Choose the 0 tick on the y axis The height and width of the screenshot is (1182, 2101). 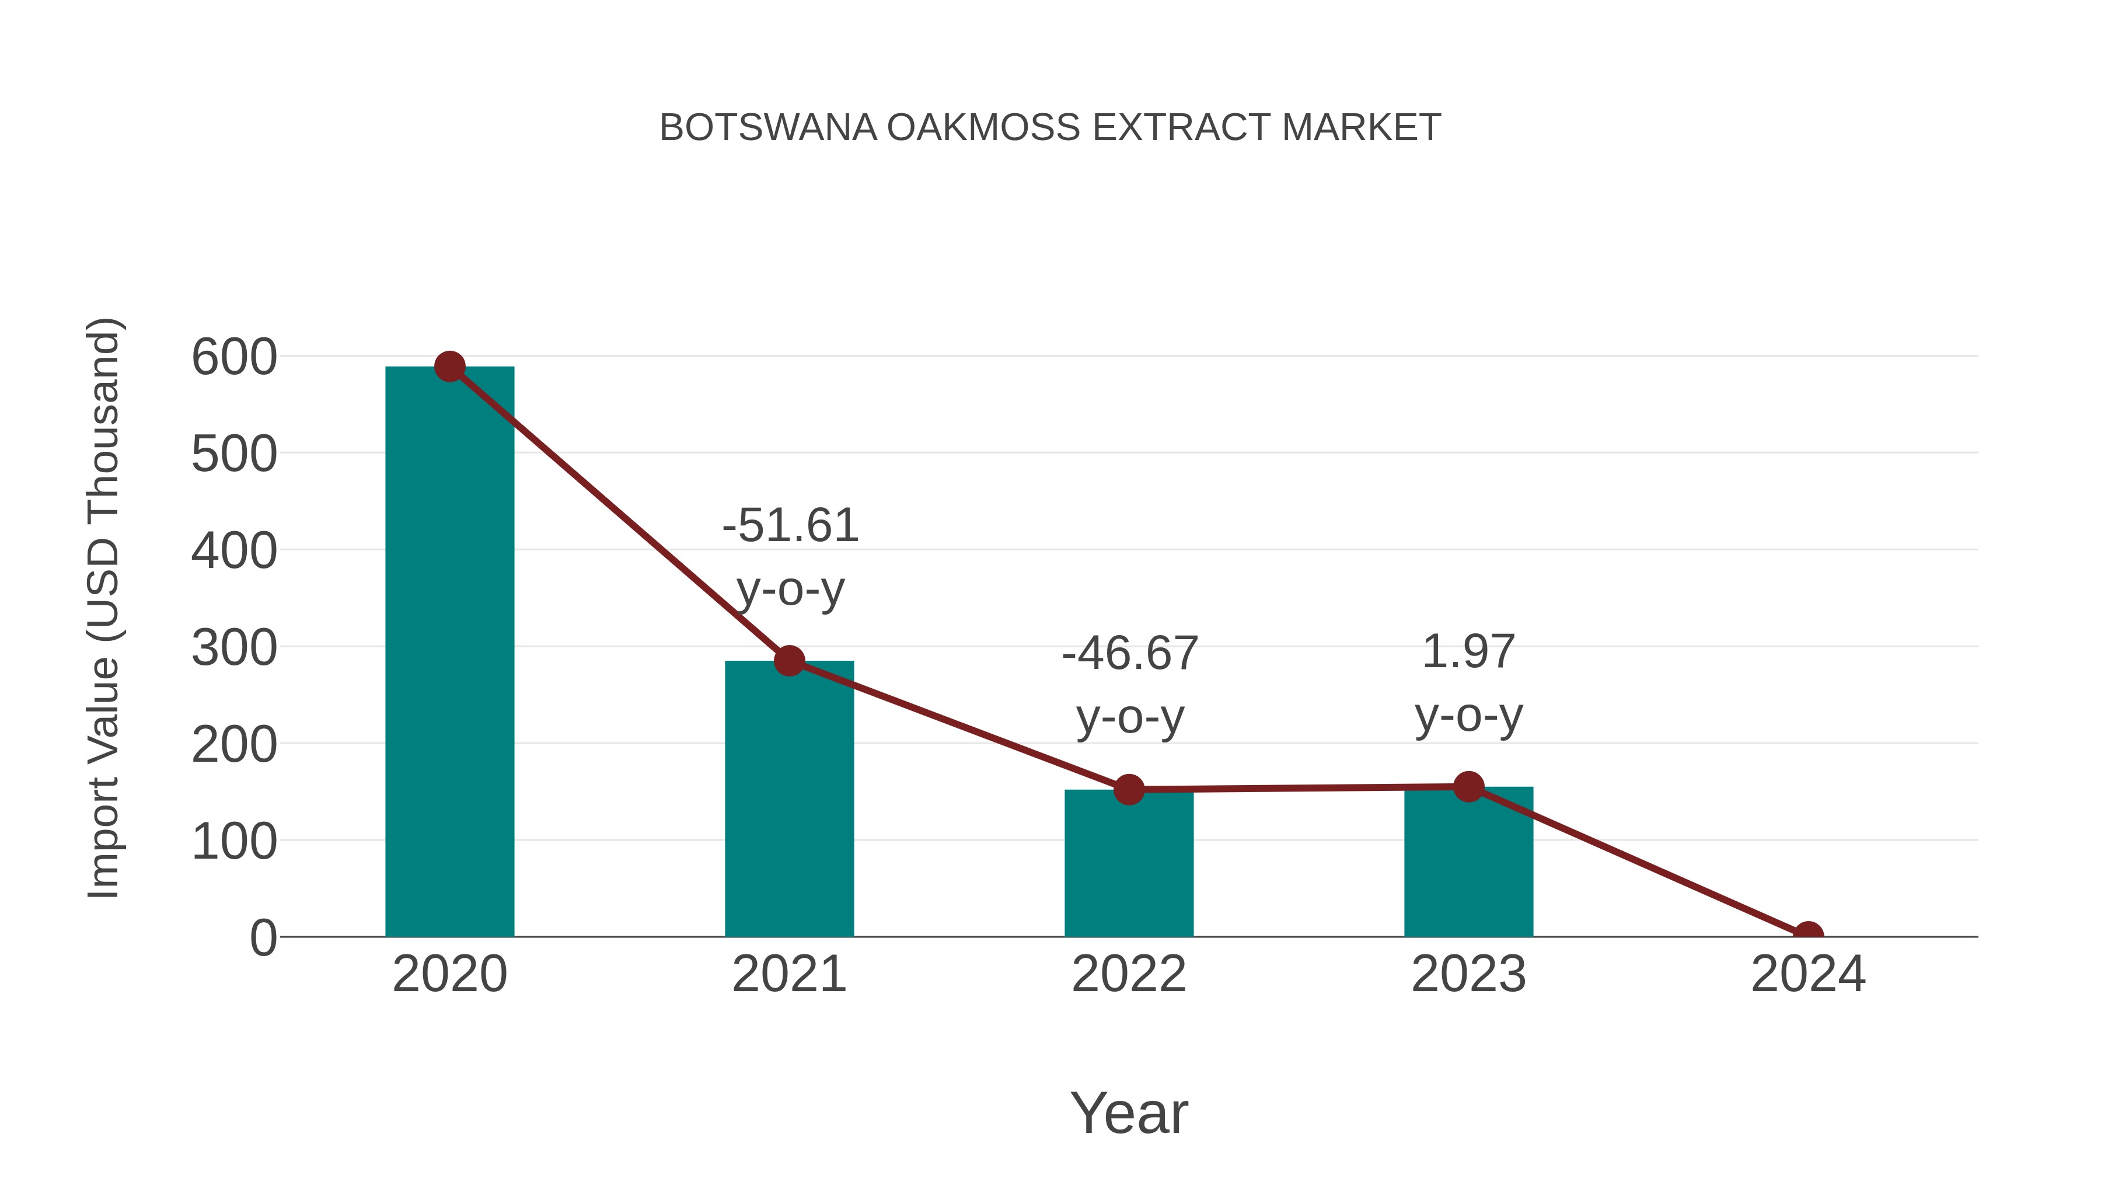263,938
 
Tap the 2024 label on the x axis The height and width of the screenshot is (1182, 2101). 1808,974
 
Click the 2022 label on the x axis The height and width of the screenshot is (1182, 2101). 1128,974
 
